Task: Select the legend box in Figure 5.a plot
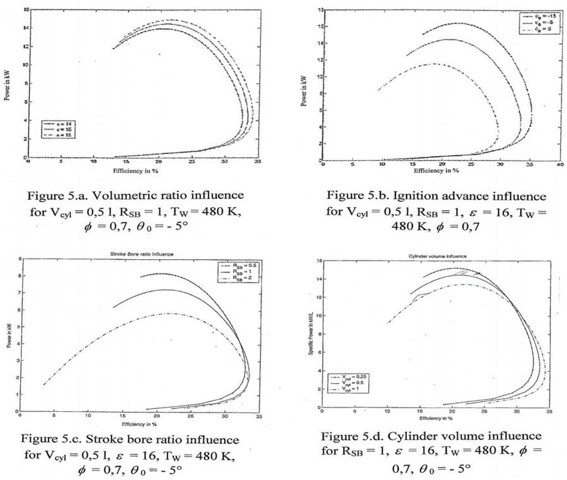tap(58, 128)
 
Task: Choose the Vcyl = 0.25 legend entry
tap(349, 376)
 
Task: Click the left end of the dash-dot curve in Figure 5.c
tap(43, 385)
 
